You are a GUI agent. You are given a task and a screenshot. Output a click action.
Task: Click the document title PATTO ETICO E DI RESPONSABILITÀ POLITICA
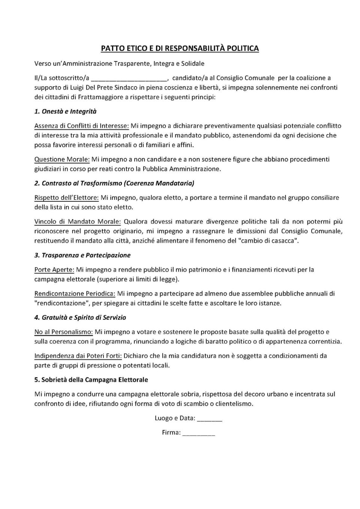pyautogui.click(x=180, y=48)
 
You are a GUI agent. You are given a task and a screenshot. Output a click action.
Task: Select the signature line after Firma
pyautogui.click(x=200, y=433)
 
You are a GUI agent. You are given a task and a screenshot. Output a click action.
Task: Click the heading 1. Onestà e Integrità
pyautogui.click(x=66, y=111)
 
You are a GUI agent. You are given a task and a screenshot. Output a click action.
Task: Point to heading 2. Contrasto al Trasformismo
pyautogui.click(x=114, y=183)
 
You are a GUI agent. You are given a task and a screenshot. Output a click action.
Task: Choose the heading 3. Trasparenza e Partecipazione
pyautogui.click(x=82, y=255)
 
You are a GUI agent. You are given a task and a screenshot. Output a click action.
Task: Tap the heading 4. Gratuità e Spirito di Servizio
pyautogui.click(x=80, y=317)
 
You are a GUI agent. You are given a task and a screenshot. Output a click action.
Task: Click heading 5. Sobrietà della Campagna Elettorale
pyautogui.click(x=91, y=380)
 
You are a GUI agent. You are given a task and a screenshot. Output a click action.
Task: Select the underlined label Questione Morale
pyautogui.click(x=62, y=159)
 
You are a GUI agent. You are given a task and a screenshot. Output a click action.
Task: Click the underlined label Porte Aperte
pyautogui.click(x=54, y=269)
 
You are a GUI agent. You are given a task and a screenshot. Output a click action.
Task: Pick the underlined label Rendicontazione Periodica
pyautogui.click(x=75, y=293)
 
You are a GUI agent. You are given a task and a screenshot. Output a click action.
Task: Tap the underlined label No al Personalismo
pyautogui.click(x=63, y=332)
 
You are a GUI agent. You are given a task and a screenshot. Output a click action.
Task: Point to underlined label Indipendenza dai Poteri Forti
pyautogui.click(x=78, y=356)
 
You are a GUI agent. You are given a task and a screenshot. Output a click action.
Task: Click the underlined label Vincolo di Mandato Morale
pyautogui.click(x=78, y=222)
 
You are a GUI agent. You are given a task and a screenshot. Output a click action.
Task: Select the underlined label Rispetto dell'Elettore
pyautogui.click(x=66, y=198)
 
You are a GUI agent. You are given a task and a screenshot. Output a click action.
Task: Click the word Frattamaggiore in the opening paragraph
pyautogui.click(x=97, y=97)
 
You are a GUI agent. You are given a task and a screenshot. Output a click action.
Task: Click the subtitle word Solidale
pyautogui.click(x=193, y=64)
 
